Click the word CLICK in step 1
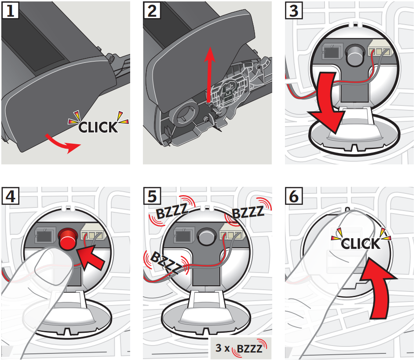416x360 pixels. (x=98, y=127)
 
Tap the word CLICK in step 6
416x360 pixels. (x=360, y=243)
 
